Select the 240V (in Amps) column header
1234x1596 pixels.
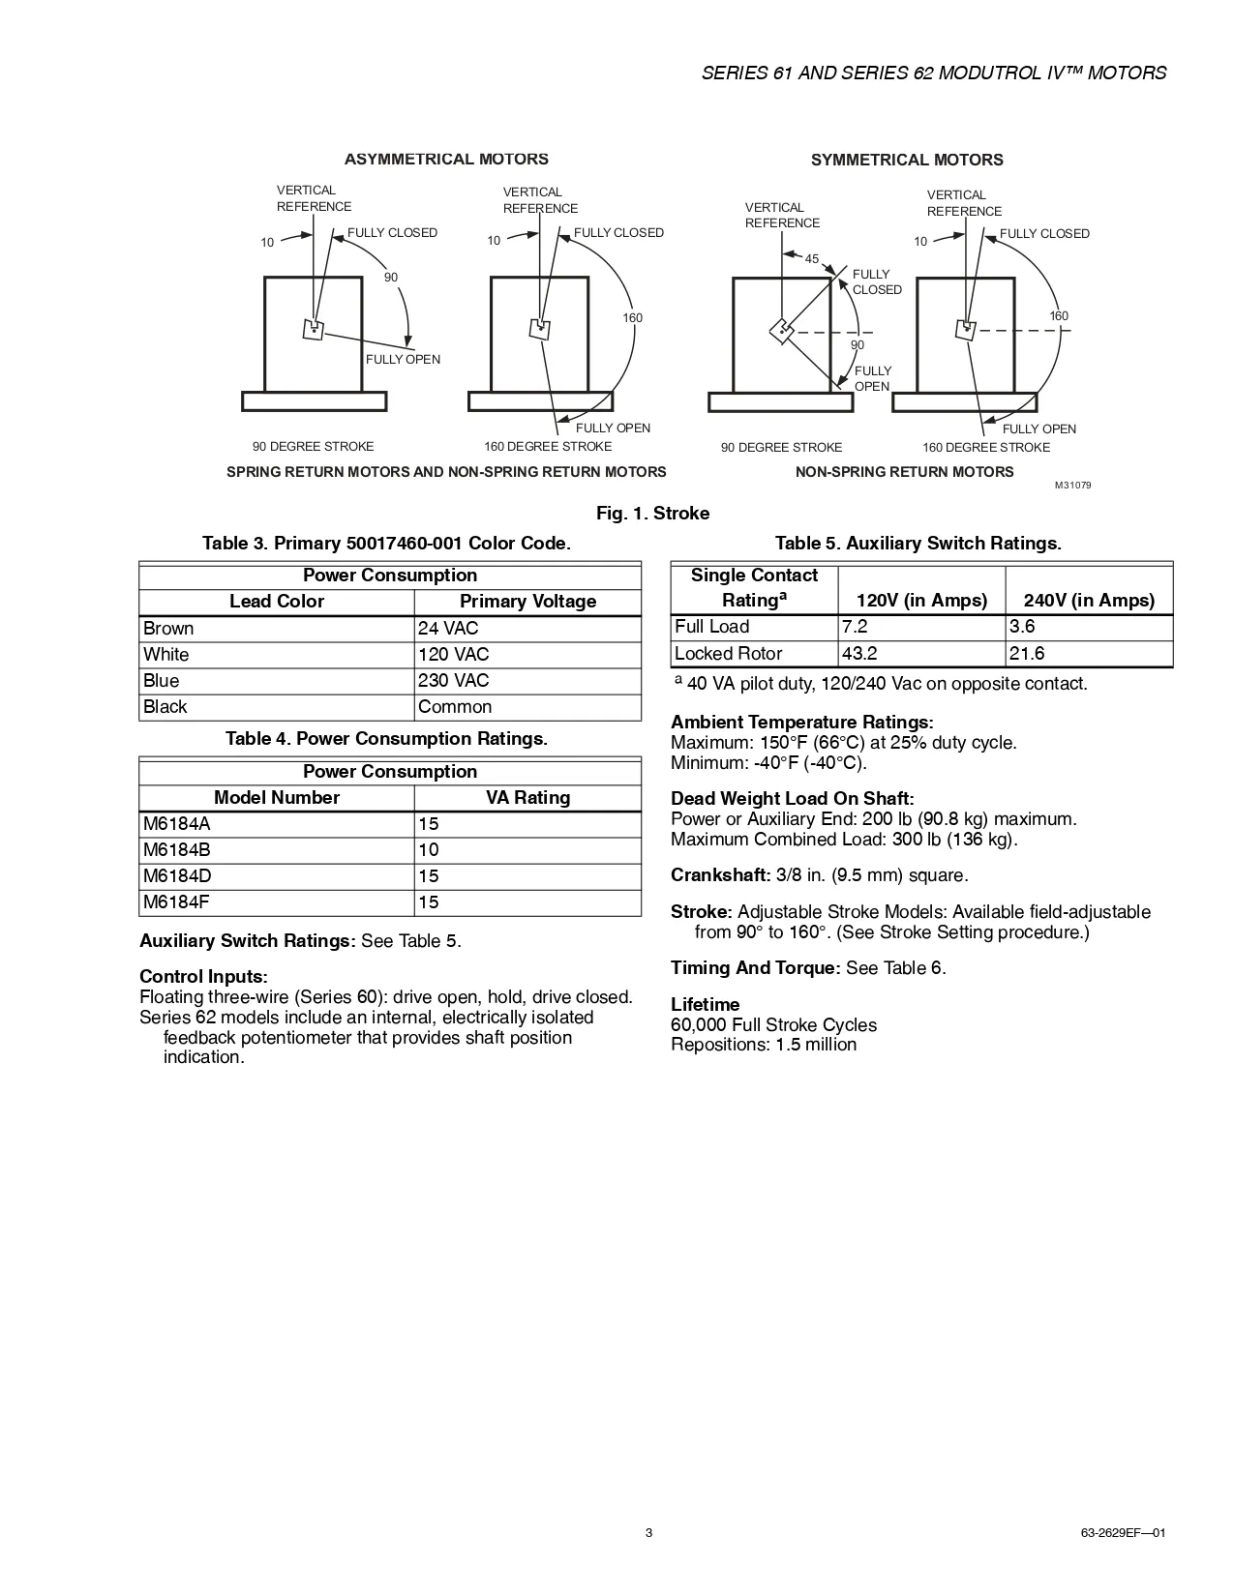[x=1089, y=601]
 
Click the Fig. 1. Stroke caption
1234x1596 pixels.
[x=652, y=514]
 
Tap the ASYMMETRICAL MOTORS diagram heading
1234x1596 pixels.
[x=446, y=160]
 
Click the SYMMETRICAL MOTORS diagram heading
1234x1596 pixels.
[x=907, y=161]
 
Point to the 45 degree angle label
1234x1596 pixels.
[x=812, y=259]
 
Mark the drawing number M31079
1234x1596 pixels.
[x=1072, y=486]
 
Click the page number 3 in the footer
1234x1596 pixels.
[x=648, y=1533]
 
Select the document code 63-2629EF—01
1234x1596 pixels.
[x=1123, y=1533]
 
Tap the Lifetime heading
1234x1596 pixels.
[x=705, y=1005]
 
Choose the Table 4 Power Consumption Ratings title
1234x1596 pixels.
[x=386, y=739]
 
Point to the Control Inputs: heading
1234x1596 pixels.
[x=203, y=977]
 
